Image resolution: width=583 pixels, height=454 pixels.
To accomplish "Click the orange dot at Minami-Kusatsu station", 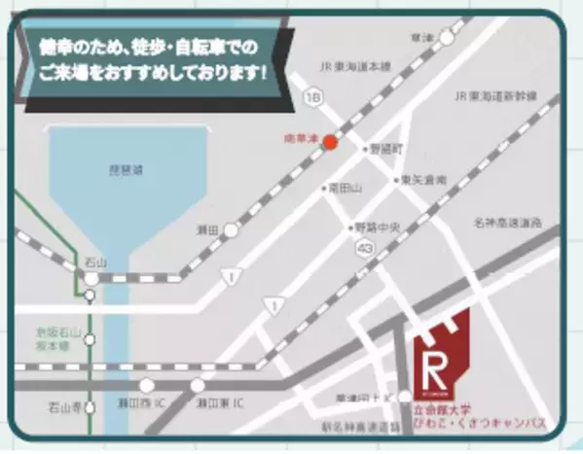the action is click(x=330, y=143).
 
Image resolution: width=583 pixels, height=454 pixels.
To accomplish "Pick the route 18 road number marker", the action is click(x=310, y=98).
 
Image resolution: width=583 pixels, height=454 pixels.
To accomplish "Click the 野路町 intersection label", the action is click(x=383, y=151).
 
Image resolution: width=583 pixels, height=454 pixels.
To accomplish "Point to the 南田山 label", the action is click(x=346, y=187).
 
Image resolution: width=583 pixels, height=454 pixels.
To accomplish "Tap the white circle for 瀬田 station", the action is click(x=231, y=230).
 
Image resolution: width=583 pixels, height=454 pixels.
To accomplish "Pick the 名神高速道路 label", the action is click(x=509, y=223).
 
